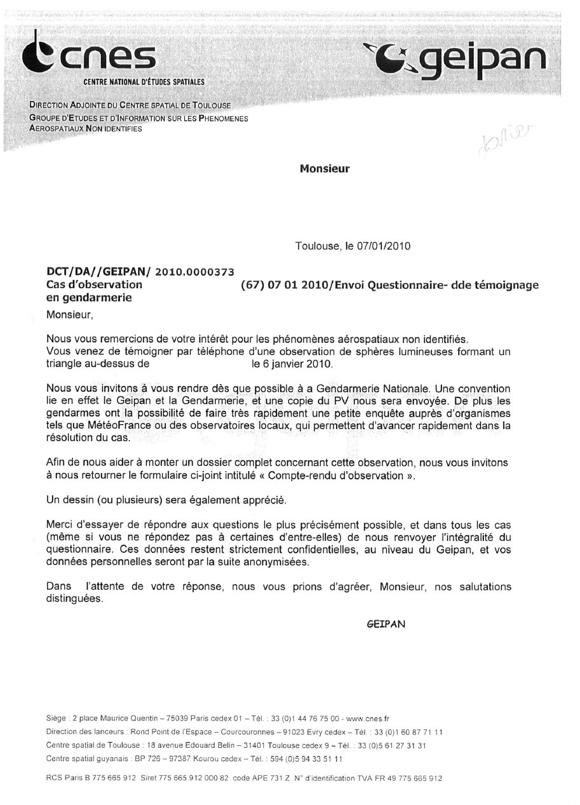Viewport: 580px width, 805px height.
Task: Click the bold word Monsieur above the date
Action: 324,169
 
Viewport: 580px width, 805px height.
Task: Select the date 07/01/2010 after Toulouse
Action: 386,245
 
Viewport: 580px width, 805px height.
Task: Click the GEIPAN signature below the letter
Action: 386,624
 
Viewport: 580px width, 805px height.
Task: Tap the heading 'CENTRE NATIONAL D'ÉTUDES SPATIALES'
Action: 144,83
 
